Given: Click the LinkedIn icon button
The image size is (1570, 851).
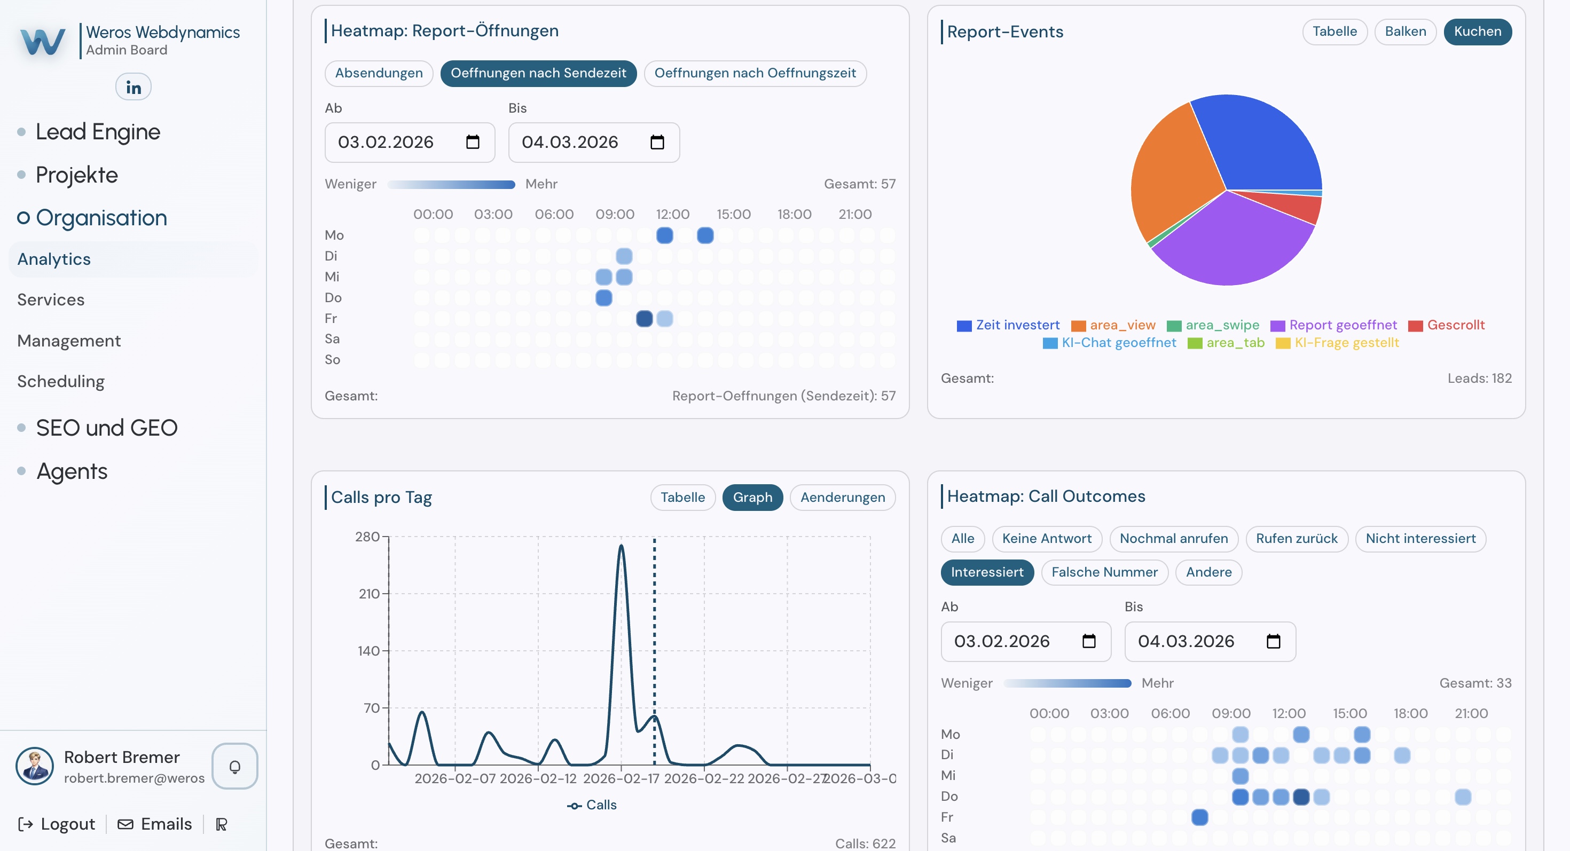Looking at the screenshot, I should coord(133,87).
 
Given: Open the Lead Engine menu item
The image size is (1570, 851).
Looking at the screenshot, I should coord(98,131).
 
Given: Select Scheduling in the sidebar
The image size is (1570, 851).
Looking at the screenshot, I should coord(61,381).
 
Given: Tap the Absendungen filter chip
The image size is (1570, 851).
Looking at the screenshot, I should coord(379,73).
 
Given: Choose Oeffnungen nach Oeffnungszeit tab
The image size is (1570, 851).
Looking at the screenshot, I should coord(755,73).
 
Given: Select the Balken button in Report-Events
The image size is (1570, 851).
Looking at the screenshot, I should coord(1405,31).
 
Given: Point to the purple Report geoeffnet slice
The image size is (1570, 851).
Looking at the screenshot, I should coord(1231,243).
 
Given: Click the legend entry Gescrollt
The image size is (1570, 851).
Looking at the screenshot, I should coord(1455,325).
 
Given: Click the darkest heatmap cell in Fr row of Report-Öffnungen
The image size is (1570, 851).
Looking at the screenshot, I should coord(644,319).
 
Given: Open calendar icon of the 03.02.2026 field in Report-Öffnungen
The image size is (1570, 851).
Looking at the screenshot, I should coord(473,143).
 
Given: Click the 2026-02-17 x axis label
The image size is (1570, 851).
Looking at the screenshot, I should coord(621,778).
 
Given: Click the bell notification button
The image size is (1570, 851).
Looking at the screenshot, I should coord(234,766).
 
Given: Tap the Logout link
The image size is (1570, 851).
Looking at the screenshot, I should coord(57,824).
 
